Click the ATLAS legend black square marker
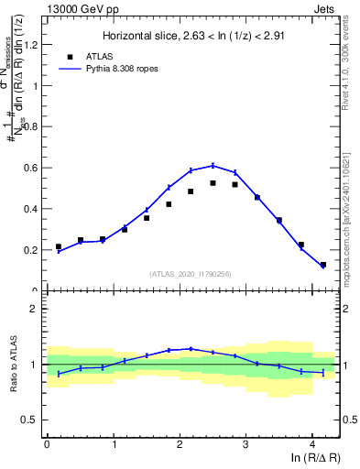(x=70, y=55)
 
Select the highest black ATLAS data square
(x=213, y=183)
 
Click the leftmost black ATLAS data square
(x=59, y=246)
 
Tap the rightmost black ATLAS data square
(x=323, y=265)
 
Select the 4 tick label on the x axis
(x=312, y=443)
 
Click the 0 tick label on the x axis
(x=47, y=443)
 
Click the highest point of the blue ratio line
(x=191, y=348)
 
